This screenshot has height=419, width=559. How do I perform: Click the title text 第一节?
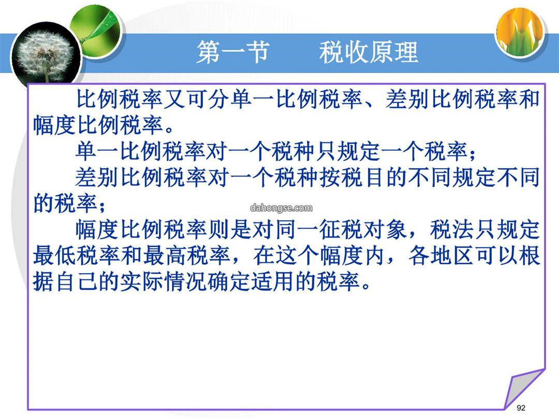pyautogui.click(x=233, y=52)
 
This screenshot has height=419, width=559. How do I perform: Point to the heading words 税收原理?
pyautogui.click(x=369, y=52)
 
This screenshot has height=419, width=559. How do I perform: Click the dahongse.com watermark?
pyautogui.click(x=281, y=208)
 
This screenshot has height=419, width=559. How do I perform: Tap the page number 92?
pyautogui.click(x=521, y=408)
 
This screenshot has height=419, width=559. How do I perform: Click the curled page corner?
pyautogui.click(x=524, y=388)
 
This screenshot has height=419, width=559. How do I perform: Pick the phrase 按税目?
pyautogui.click(x=351, y=177)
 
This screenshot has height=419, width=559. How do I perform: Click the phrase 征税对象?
pyautogui.click(x=363, y=230)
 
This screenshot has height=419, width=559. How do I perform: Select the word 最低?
pyautogui.click(x=55, y=256)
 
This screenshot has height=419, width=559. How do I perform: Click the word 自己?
pyautogui.click(x=76, y=282)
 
